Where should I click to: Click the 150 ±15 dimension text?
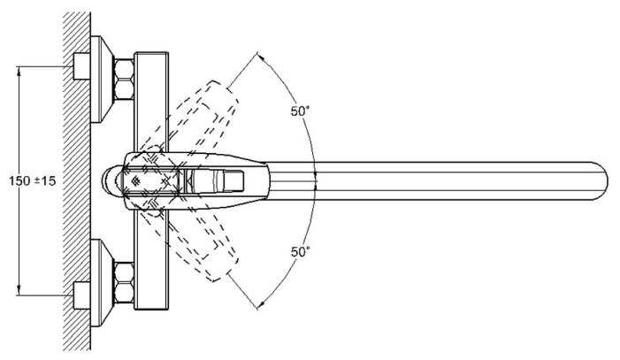(x=33, y=181)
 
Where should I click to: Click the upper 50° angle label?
(x=301, y=111)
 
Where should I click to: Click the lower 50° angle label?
(x=301, y=251)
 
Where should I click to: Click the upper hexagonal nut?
(x=124, y=79)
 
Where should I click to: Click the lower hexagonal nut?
(x=124, y=282)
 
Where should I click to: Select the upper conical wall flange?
(x=102, y=79)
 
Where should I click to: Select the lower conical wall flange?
(x=102, y=282)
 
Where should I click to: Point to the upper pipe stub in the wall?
(x=82, y=66)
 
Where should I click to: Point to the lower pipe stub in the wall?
(x=82, y=296)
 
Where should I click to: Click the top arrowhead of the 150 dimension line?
(x=19, y=71)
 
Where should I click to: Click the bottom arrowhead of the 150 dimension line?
(x=19, y=292)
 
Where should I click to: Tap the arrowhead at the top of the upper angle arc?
(x=261, y=57)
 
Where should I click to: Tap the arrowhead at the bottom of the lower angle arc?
(x=261, y=305)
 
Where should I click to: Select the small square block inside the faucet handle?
(x=233, y=180)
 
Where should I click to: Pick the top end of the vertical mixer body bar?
(x=151, y=53)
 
